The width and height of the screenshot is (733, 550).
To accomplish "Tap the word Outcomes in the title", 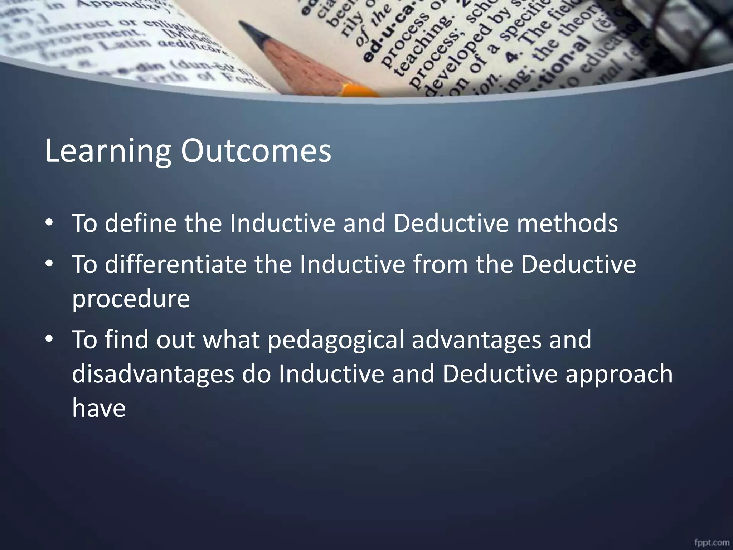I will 256,151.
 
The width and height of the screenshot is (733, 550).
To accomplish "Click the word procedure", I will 131,299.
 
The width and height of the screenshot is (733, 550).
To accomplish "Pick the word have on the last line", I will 99,408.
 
